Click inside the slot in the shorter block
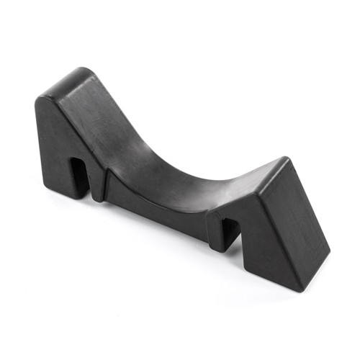[x=229, y=231]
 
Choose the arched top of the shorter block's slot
[x=230, y=218]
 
